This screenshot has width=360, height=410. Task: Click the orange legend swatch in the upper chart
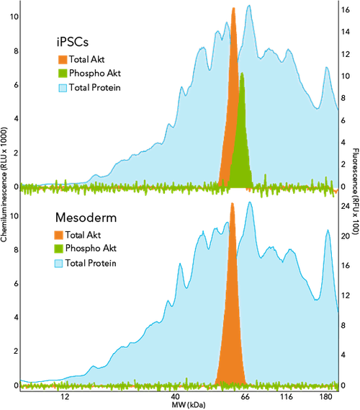(63, 59)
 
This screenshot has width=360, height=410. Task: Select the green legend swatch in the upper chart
(63, 73)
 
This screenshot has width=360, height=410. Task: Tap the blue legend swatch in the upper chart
(63, 88)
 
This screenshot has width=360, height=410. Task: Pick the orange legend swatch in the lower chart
(59, 235)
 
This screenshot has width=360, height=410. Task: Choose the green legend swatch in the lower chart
(59, 249)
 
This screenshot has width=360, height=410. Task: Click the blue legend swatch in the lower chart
(59, 264)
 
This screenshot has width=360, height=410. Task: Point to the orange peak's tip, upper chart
(233, 8)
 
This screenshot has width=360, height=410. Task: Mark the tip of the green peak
(243, 73)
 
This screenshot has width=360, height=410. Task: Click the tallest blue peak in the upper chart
(249, 5)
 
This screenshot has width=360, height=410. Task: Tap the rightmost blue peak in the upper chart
(327, 66)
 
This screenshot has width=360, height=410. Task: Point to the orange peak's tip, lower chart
(233, 203)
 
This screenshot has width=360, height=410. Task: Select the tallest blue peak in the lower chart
(250, 202)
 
